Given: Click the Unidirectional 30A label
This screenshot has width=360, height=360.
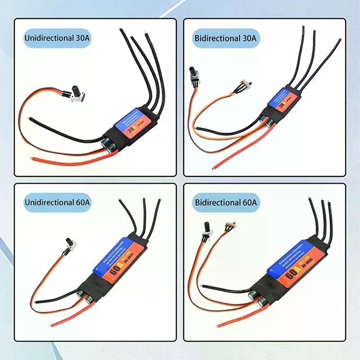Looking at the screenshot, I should tap(57, 39).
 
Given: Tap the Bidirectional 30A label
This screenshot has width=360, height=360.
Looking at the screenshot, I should tap(225, 39).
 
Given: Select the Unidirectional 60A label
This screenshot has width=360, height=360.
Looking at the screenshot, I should tap(57, 203).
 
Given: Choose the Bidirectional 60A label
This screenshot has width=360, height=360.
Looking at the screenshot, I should tap(225, 203).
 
